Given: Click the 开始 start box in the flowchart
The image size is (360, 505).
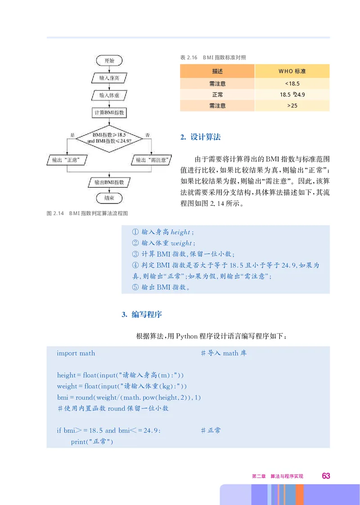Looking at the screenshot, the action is (109, 60).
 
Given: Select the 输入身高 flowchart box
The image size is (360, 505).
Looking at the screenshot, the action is (109, 78).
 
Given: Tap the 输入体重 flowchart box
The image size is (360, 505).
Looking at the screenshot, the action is (109, 95).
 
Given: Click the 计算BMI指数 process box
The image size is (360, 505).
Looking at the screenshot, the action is (109, 113).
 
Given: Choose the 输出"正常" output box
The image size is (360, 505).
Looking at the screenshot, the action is (67, 160).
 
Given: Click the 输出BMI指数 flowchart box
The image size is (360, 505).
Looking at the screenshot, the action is (109, 182).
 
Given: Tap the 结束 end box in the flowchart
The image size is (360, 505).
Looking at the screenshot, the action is (109, 198).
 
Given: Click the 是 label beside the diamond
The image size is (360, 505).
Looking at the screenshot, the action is (72, 135).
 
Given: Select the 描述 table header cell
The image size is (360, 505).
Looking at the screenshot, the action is (217, 72).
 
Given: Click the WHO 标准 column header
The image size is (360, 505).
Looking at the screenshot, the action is (292, 72).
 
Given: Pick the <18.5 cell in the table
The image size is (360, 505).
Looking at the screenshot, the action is (292, 83).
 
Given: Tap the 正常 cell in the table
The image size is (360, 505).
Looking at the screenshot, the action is (217, 95).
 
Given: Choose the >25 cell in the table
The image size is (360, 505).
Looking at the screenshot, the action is (292, 106).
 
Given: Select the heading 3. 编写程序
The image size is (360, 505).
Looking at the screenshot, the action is (142, 315).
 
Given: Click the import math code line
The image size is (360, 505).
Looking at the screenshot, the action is (76, 353).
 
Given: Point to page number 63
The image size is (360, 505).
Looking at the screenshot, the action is (326, 476).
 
